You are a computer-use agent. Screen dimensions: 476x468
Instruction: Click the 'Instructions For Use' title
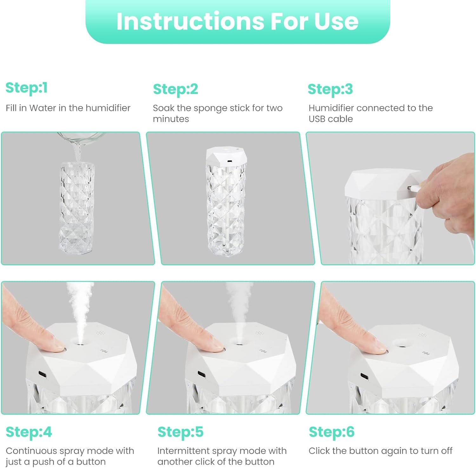coord(237,21)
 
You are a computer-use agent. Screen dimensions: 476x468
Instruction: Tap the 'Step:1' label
coord(27,88)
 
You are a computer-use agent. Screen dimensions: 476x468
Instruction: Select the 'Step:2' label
coord(175,89)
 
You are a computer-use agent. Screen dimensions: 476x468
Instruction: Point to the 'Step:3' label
coord(330,89)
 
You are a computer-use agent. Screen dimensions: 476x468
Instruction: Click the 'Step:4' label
coord(29,432)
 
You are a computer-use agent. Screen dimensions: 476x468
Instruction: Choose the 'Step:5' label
coord(180,432)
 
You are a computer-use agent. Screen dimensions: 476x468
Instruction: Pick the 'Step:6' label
coord(332,432)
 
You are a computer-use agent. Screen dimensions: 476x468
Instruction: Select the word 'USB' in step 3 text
coord(317,119)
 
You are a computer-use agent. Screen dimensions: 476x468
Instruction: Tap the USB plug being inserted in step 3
coord(413,188)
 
